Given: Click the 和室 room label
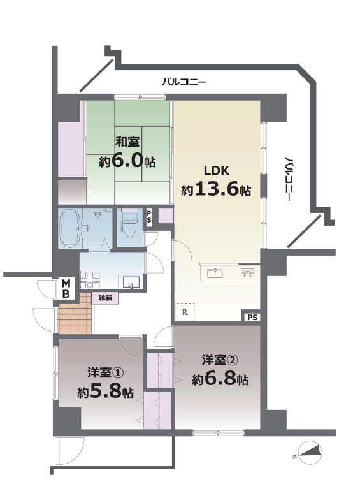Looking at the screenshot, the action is [x=127, y=142].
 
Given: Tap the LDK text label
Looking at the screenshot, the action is [x=217, y=171].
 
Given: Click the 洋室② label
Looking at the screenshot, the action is [x=220, y=360].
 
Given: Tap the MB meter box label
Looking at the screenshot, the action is [x=66, y=288].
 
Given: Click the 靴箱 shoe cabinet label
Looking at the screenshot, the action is [x=104, y=298].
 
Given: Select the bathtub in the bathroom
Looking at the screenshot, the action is [x=71, y=228].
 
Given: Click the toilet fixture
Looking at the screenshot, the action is [x=129, y=224].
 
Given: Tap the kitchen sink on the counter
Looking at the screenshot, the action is [x=215, y=273].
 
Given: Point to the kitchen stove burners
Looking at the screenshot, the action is [x=247, y=273].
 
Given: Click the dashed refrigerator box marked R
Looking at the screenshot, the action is [x=185, y=312].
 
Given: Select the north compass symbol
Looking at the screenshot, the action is [x=310, y=453].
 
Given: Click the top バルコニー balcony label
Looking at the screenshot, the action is [x=184, y=83].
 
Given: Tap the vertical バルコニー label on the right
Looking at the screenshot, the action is [x=289, y=179].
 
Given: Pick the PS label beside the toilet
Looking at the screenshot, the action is [x=148, y=216].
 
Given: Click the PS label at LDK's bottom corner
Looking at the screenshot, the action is [x=252, y=318].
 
